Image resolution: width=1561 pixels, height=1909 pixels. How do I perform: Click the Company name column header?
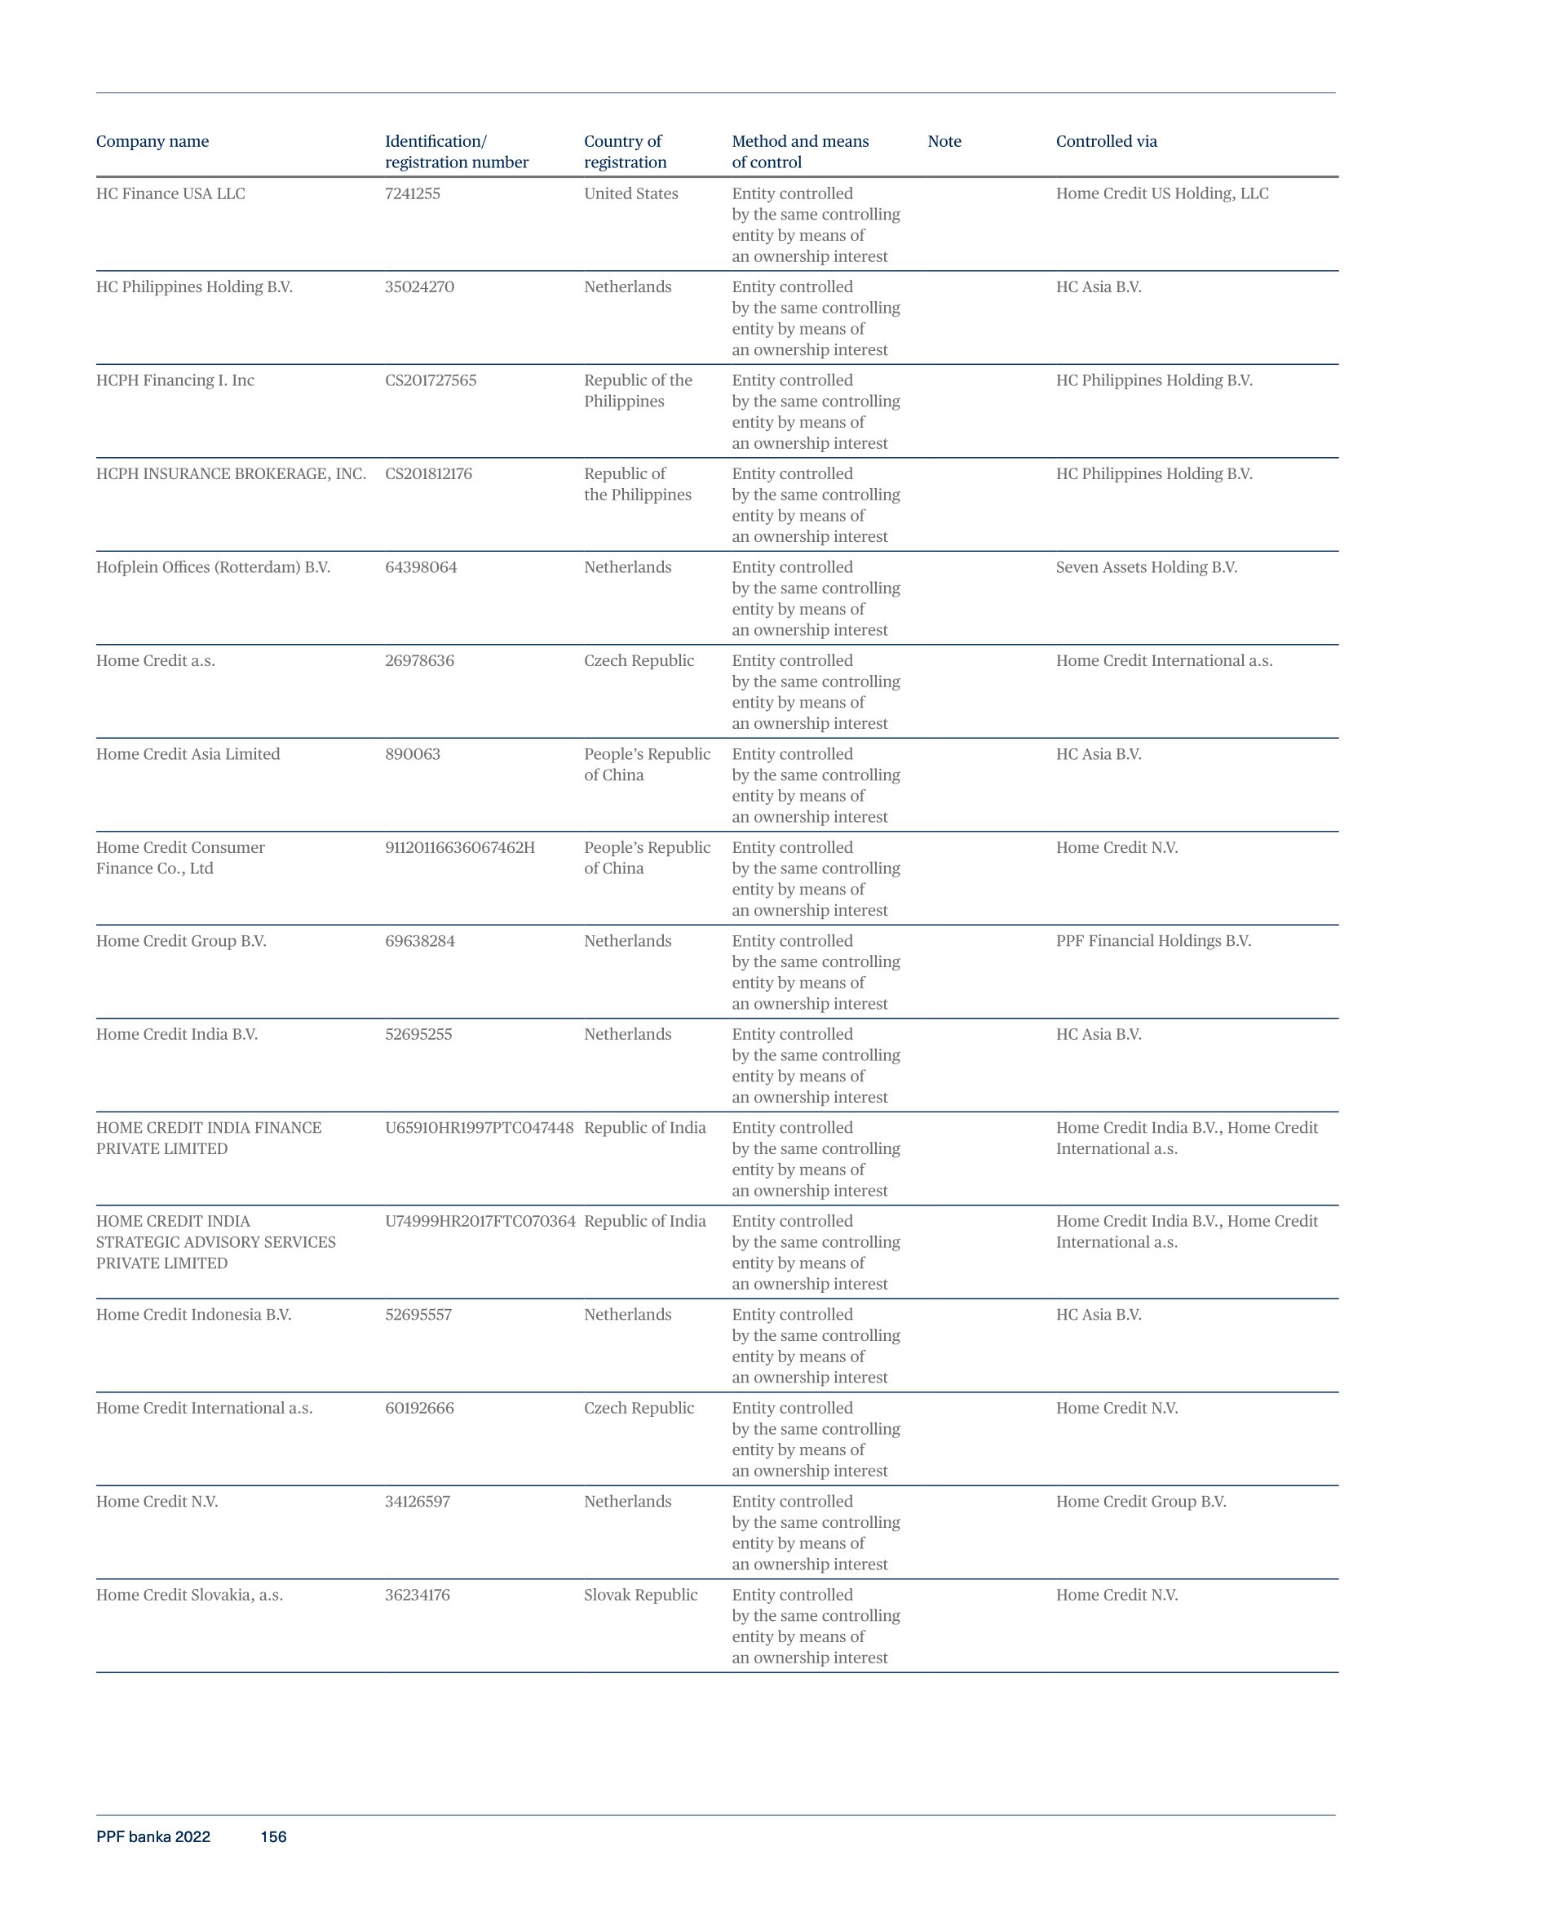coord(152,141)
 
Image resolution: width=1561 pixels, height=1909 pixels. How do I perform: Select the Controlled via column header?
coord(1106,141)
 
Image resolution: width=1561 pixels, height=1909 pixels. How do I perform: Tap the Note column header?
coord(944,141)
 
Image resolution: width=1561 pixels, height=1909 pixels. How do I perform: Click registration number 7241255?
coord(412,193)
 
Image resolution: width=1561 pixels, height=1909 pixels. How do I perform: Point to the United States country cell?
coord(630,193)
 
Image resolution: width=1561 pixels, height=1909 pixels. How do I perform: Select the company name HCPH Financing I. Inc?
coord(175,380)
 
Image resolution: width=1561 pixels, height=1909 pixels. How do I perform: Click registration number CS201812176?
coord(428,474)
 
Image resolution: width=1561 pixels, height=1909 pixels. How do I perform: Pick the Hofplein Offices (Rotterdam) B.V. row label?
coord(213,568)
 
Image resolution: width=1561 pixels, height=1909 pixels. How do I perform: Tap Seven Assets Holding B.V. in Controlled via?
coord(1146,568)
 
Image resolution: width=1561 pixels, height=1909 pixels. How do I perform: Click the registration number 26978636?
coord(419,661)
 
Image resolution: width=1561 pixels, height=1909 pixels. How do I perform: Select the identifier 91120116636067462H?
coord(459,847)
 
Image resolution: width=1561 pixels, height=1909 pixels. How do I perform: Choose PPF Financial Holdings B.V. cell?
coord(1152,941)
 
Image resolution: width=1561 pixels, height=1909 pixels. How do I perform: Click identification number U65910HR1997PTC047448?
coord(479,1128)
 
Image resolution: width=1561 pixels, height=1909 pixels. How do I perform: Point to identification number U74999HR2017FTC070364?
coord(480,1222)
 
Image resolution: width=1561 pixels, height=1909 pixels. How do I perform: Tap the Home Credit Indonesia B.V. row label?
coord(193,1316)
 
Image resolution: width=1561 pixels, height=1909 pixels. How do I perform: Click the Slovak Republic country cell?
coord(640,1595)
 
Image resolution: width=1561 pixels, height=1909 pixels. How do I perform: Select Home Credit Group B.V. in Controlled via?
coord(1140,1502)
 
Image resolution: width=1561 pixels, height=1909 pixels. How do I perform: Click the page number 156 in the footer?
coord(273,1837)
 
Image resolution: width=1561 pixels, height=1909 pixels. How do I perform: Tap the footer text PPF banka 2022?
coord(153,1837)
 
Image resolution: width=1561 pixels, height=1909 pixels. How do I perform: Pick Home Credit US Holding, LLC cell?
coord(1161,193)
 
